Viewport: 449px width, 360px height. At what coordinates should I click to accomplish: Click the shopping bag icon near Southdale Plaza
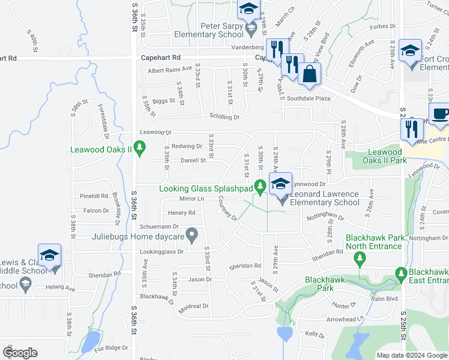(x=310, y=74)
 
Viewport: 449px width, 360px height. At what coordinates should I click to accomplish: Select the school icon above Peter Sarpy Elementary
(x=248, y=10)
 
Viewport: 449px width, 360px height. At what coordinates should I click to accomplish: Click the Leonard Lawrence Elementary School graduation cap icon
(x=280, y=185)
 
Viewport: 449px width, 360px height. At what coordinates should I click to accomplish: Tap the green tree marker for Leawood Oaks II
(x=140, y=146)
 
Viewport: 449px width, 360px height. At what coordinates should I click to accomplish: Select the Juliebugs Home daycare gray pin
(x=192, y=236)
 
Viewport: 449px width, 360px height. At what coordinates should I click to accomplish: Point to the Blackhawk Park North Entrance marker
(x=360, y=259)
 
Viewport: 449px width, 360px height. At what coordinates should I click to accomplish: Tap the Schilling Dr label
(x=224, y=117)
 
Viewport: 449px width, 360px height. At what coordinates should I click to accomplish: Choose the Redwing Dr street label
(x=187, y=146)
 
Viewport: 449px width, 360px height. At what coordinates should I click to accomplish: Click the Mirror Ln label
(x=192, y=199)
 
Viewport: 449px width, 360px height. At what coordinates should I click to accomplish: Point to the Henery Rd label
(x=181, y=212)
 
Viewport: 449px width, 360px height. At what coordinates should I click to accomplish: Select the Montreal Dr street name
(x=193, y=306)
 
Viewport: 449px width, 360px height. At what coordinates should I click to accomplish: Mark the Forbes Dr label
(x=380, y=26)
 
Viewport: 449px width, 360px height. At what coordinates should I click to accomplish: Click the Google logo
(x=20, y=352)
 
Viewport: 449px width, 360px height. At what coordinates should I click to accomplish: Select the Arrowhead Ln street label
(x=345, y=319)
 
